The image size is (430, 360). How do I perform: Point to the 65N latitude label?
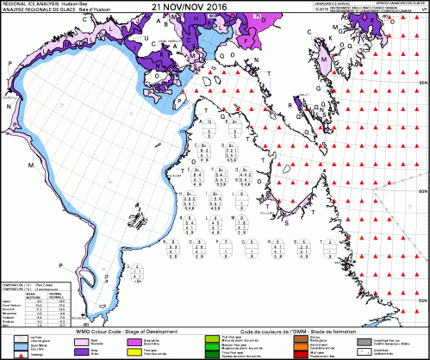pyautogui.click(x=422, y=81)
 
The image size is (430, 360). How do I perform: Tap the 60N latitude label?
pyautogui.click(x=422, y=191)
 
